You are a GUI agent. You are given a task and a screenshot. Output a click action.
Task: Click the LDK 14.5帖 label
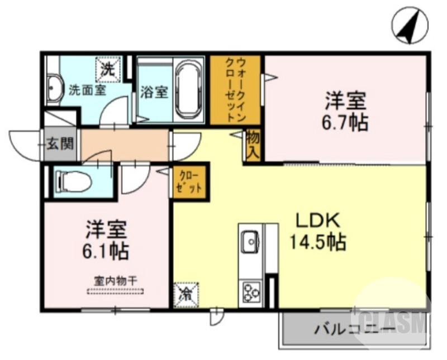click(317, 232)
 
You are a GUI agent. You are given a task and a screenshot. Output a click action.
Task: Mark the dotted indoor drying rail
click(115, 291)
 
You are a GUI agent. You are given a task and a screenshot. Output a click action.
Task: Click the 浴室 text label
click(155, 92)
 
